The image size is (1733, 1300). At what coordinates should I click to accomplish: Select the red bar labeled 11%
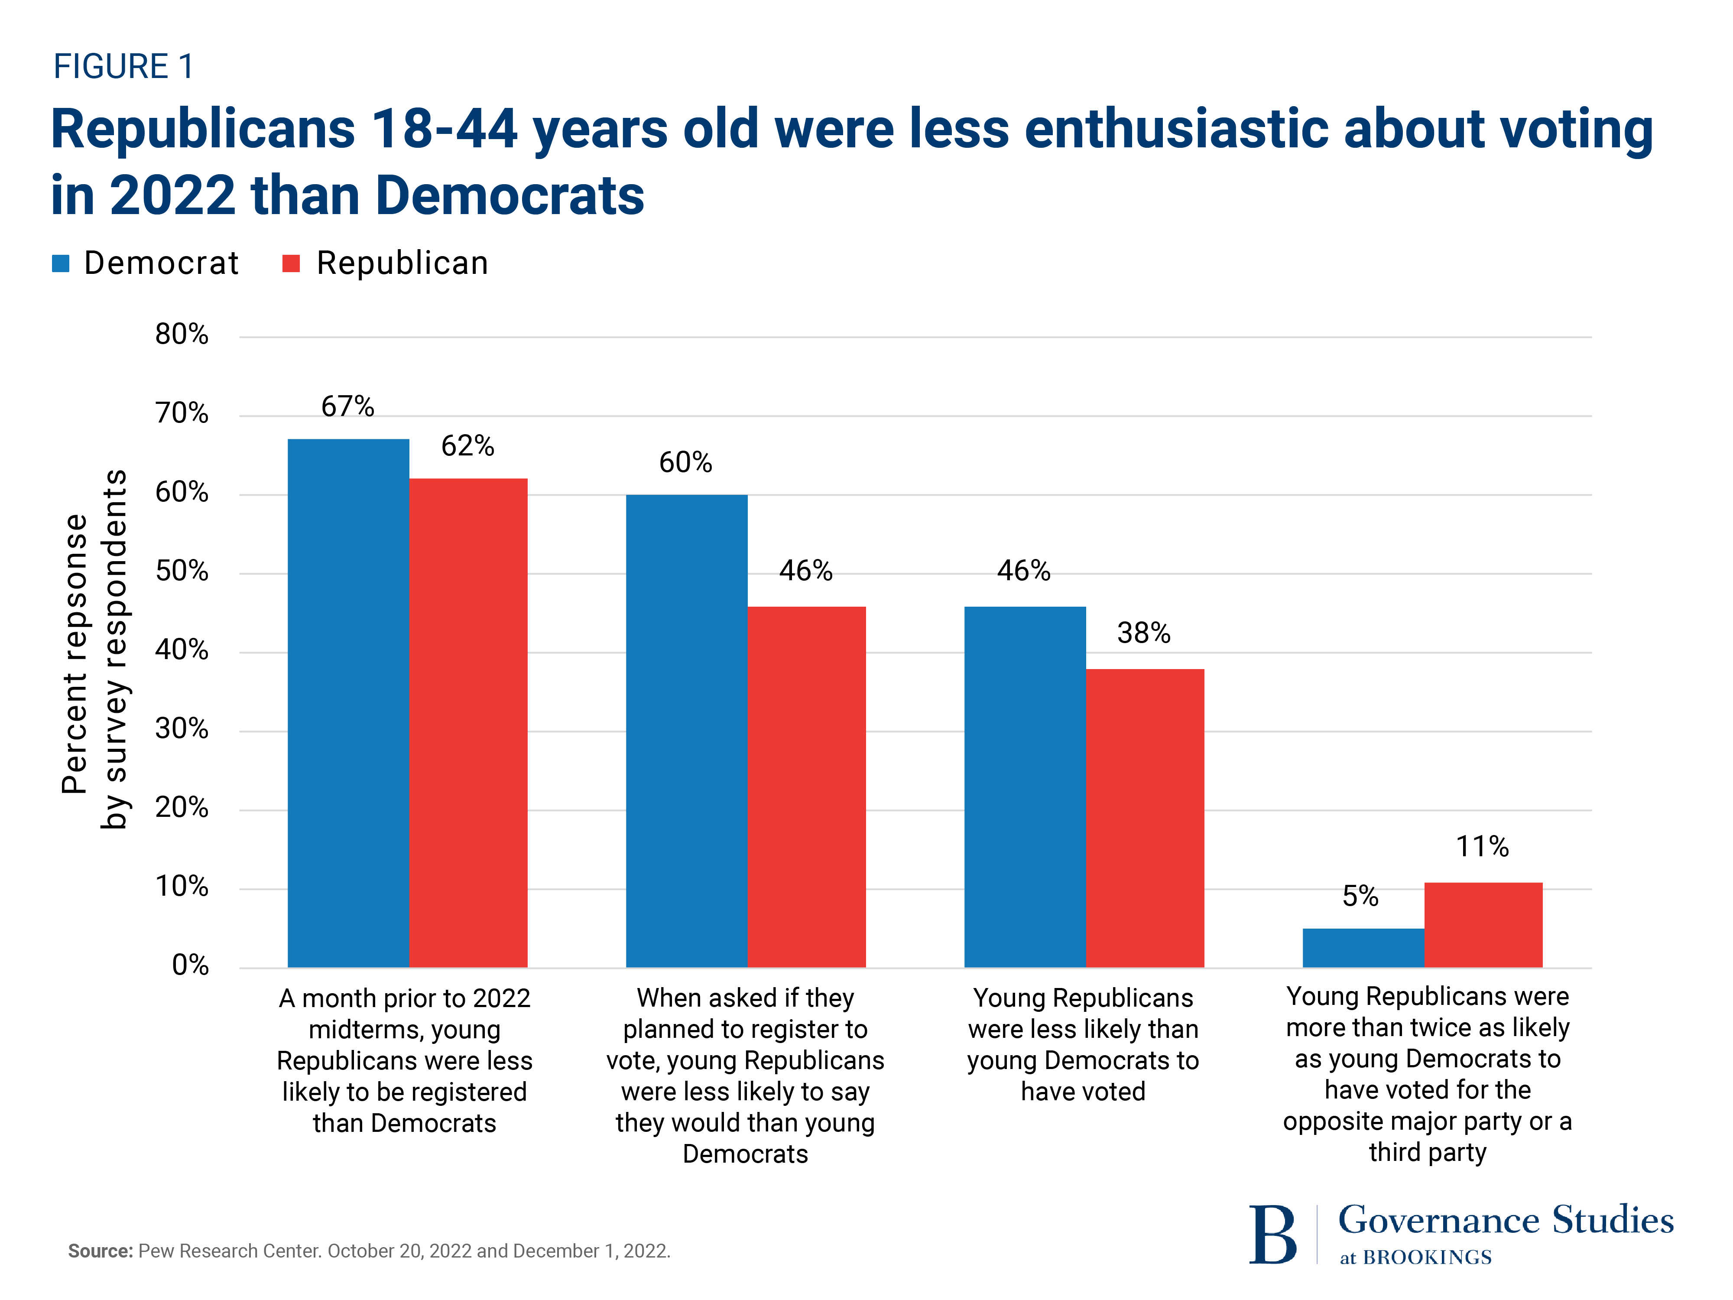[1482, 925]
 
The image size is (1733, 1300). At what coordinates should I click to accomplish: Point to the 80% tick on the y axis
[182, 335]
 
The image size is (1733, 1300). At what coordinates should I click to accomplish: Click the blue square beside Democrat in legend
[60, 263]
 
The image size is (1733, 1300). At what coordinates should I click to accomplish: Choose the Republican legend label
[402, 263]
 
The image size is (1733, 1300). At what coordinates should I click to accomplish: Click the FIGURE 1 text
[123, 67]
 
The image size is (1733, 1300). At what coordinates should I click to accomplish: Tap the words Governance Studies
[1505, 1220]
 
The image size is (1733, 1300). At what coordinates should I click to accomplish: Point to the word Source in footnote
[100, 1251]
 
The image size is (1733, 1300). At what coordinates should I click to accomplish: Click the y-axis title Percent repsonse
[75, 654]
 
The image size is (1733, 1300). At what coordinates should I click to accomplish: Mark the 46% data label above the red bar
[805, 570]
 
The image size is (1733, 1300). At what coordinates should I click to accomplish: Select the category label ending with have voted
[1083, 1044]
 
